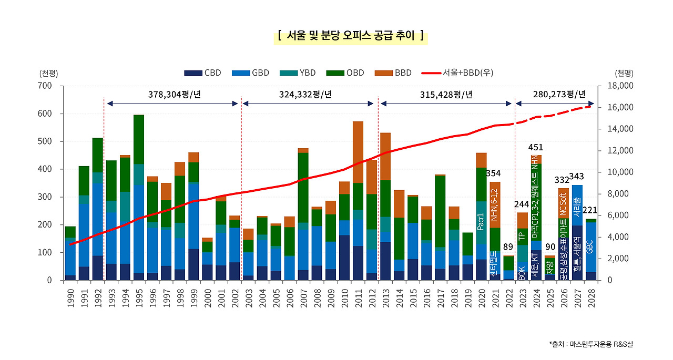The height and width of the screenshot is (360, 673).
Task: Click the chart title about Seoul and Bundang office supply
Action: point(351,36)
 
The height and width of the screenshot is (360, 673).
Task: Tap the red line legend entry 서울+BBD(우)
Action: point(457,73)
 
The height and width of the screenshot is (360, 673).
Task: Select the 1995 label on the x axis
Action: point(139,297)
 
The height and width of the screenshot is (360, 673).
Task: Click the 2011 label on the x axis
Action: point(358,297)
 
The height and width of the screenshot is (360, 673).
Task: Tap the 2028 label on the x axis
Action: point(591,297)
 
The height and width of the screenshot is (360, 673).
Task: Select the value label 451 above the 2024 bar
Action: point(536,147)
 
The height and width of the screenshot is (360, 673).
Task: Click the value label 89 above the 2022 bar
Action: point(508,247)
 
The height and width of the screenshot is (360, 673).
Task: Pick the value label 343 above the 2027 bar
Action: point(576,176)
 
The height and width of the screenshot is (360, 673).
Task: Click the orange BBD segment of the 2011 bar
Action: point(358,152)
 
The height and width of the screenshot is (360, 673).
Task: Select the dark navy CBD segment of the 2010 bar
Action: point(344,258)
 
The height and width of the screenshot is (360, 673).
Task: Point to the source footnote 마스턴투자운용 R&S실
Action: point(591,344)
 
